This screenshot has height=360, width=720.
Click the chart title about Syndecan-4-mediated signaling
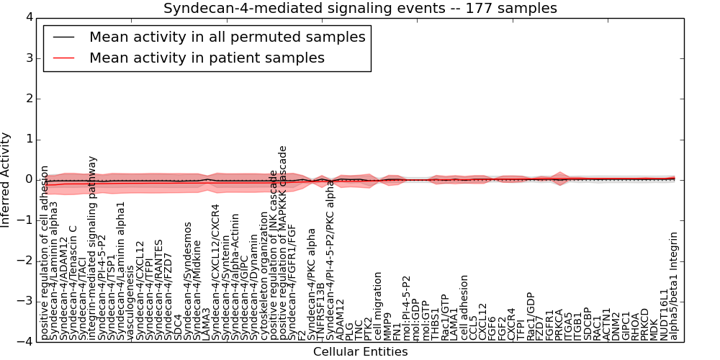click(x=360, y=9)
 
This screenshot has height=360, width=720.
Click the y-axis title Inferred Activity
click(x=6, y=179)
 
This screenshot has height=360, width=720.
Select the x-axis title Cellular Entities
click(x=360, y=352)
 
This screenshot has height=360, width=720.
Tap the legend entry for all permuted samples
click(x=227, y=37)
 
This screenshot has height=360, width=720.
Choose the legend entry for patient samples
click(x=207, y=58)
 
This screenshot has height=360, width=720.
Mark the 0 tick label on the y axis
click(x=28, y=179)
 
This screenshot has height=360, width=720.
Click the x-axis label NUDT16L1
click(x=665, y=314)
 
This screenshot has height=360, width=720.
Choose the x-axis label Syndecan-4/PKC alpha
click(x=312, y=284)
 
